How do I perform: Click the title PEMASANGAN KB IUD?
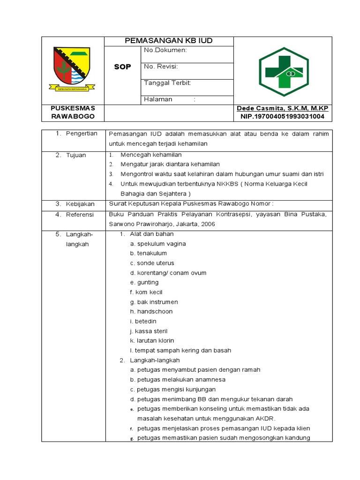[x=169, y=41]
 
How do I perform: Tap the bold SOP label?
[x=122, y=67]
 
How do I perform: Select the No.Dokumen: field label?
[x=165, y=50]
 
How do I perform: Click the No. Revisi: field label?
[x=161, y=67]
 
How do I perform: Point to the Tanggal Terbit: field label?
[x=167, y=82]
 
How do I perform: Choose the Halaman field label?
[x=158, y=99]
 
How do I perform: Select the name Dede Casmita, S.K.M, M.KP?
[x=283, y=108]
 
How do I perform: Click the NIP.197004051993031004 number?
[x=283, y=116]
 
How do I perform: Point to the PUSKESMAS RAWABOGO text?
[x=73, y=112]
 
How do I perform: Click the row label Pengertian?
[x=82, y=134]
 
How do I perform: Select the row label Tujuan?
[x=76, y=155]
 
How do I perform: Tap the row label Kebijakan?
[x=80, y=204]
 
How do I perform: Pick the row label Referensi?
[x=80, y=215]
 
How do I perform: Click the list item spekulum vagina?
[x=158, y=244]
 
